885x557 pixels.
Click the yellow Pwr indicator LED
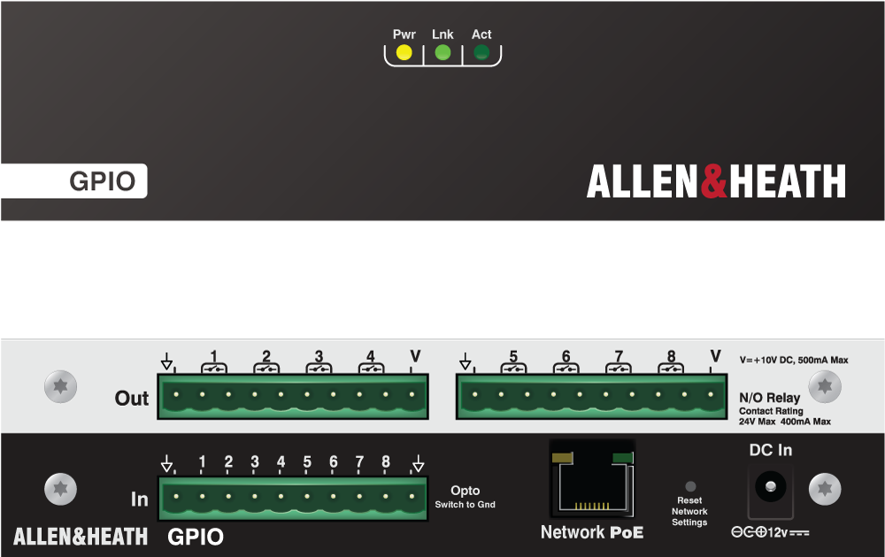[x=404, y=53]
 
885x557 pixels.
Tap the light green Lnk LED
[x=442, y=53]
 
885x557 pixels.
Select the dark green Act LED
[x=481, y=53]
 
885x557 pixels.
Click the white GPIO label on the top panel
[x=103, y=182]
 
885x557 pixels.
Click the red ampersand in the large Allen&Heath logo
[x=713, y=181]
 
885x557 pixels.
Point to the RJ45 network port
[x=592, y=478]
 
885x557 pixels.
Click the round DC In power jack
[x=770, y=485]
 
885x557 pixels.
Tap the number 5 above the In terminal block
[x=307, y=462]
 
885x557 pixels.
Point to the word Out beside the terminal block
[x=132, y=399]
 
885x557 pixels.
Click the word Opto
[x=466, y=491]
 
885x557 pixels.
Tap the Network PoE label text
[x=592, y=532]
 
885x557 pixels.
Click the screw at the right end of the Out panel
[x=826, y=386]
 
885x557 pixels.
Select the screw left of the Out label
[x=60, y=386]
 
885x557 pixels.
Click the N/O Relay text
[x=770, y=398]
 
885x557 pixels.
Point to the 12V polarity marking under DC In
[x=770, y=532]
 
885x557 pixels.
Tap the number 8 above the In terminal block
[x=386, y=462]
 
